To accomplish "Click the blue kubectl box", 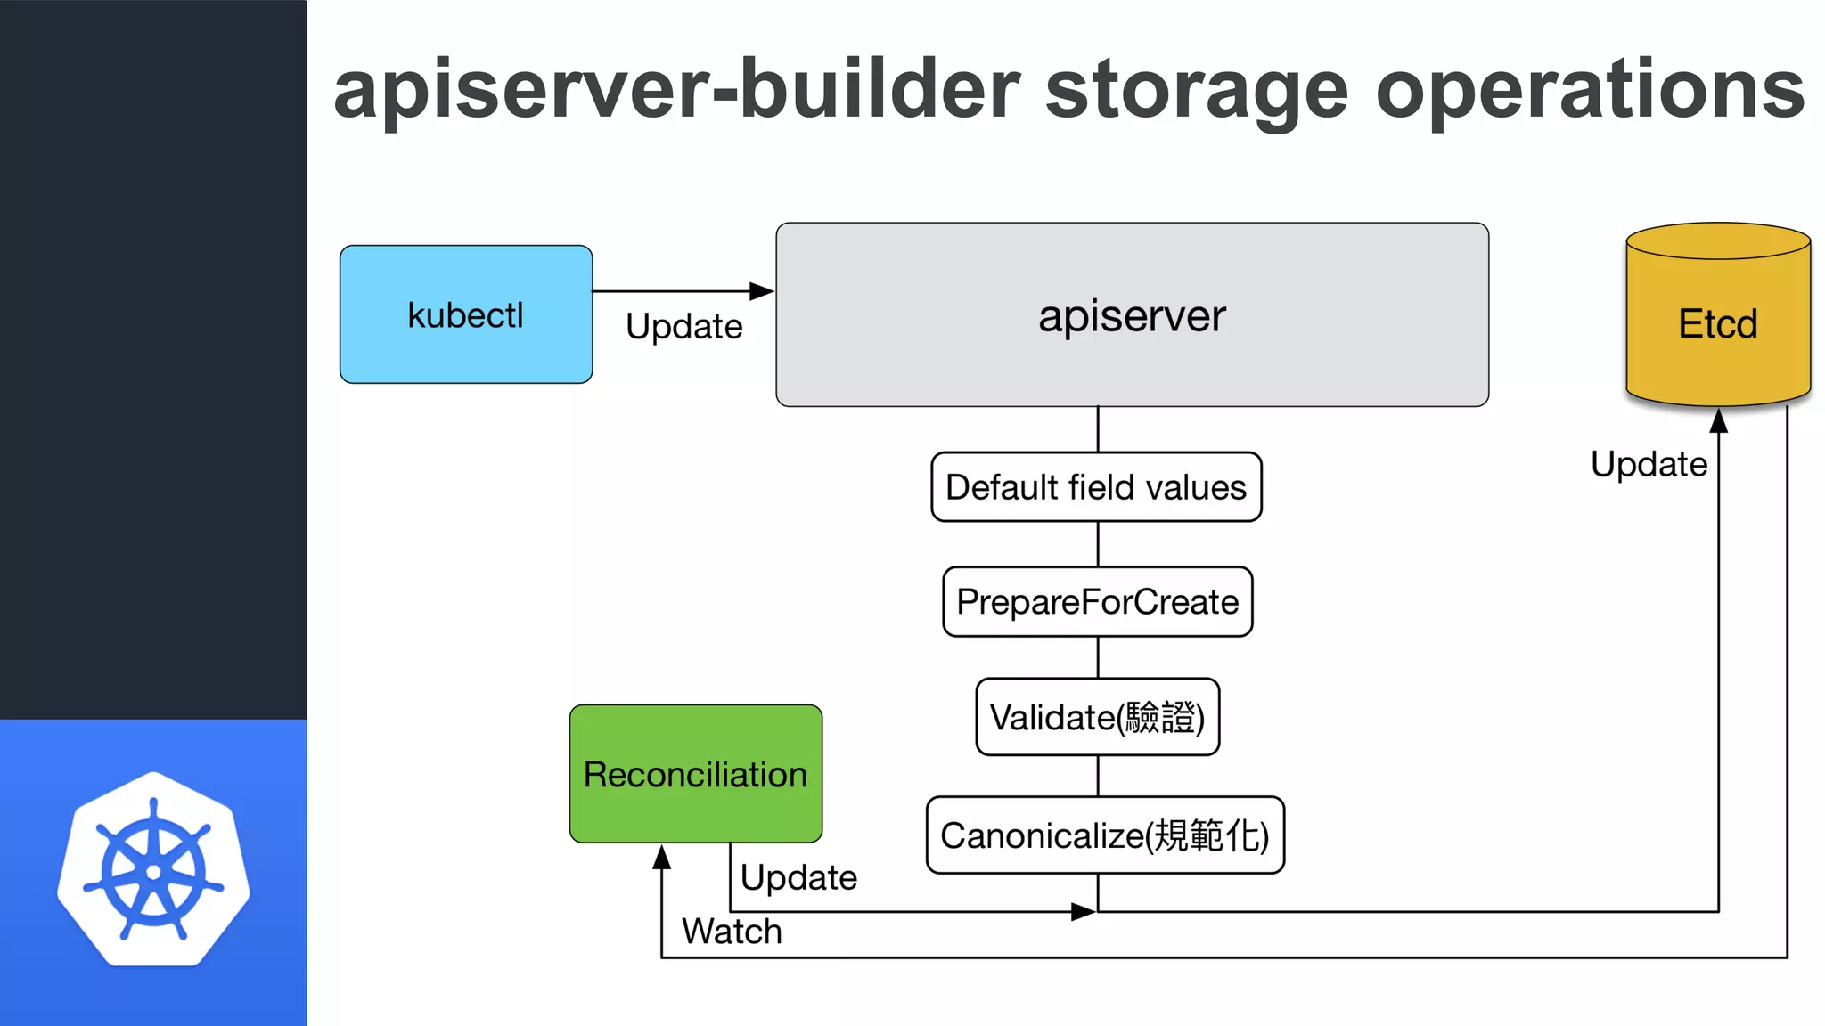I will click(465, 314).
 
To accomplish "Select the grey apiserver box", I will click(1132, 315).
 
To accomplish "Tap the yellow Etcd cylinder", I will click(1717, 322).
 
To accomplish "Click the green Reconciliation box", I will click(695, 774).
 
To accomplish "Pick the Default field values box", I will click(1096, 487).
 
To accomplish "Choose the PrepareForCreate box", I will click(1097, 602).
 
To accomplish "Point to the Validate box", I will click(1097, 717).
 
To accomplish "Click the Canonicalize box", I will click(1104, 835).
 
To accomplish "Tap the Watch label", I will click(732, 932).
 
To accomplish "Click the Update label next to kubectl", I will click(683, 326).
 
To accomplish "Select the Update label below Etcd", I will click(1649, 464).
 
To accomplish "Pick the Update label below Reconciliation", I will click(798, 877).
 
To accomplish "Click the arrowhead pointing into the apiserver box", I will click(762, 291).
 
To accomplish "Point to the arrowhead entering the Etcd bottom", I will click(1719, 421).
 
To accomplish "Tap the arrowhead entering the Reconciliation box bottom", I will click(661, 857).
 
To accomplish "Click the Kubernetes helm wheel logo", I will click(153, 870).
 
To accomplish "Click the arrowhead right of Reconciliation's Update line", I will click(1083, 911).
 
